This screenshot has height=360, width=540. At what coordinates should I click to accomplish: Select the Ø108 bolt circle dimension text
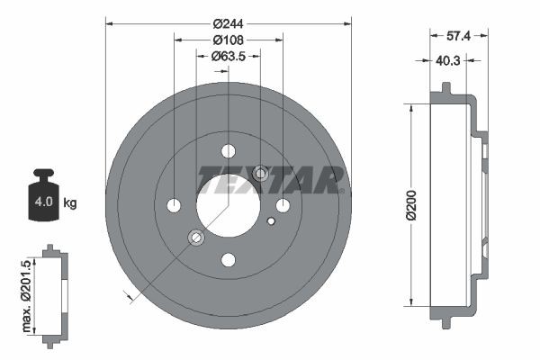229,40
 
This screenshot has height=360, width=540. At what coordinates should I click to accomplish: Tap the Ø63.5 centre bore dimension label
229,57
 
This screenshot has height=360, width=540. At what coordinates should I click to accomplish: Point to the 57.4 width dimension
459,37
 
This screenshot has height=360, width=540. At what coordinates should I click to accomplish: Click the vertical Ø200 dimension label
411,205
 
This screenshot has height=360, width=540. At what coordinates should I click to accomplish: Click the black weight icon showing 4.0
42,195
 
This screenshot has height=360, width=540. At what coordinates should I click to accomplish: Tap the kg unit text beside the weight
70,203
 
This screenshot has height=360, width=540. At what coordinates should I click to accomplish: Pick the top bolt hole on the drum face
228,150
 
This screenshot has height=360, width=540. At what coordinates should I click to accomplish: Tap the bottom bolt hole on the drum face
228,260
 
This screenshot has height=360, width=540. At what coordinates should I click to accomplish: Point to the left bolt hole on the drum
174,205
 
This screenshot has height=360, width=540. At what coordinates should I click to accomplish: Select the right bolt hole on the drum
283,205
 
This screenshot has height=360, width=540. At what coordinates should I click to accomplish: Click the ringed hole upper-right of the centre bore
261,173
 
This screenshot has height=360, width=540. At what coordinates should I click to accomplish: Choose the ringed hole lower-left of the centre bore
195,238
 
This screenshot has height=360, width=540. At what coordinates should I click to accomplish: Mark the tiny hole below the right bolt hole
271,220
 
